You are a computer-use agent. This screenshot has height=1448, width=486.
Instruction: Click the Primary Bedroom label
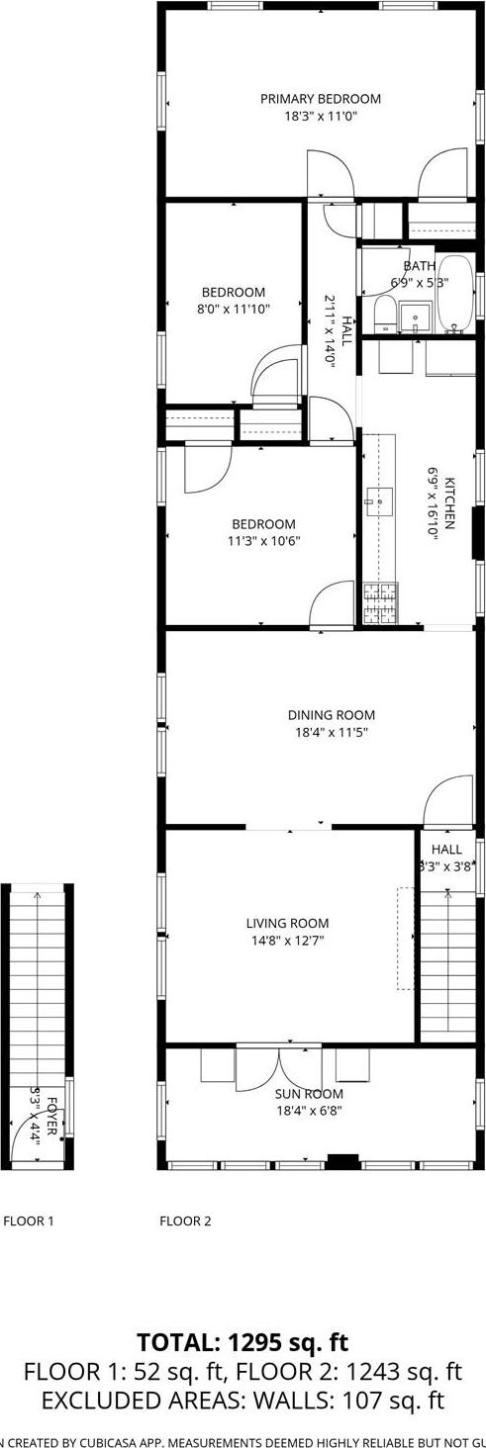[x=321, y=99]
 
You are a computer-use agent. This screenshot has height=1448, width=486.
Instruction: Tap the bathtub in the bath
[x=456, y=293]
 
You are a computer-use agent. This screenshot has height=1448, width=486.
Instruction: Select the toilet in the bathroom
[x=383, y=317]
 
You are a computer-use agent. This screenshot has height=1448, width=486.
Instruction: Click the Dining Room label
[x=332, y=715]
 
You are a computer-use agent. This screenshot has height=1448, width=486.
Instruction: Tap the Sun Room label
[x=310, y=1094]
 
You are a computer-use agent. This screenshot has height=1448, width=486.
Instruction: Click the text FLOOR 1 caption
[x=29, y=1221]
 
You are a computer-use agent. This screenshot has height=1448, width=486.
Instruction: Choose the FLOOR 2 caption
[x=185, y=1221]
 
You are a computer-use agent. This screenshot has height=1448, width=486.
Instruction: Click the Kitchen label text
[x=448, y=503]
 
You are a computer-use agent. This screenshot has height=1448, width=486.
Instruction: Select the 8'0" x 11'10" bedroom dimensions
[x=234, y=309]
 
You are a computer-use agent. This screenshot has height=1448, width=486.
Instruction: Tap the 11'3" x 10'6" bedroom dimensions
[x=263, y=541]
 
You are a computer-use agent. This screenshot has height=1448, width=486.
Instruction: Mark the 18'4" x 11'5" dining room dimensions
[x=332, y=732]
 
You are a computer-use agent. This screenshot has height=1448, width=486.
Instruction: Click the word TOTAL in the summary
[x=178, y=1342]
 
